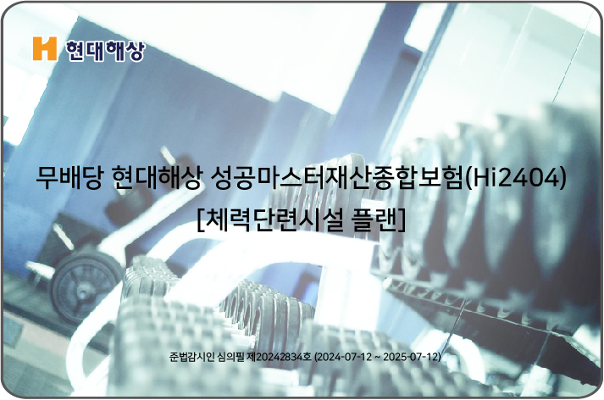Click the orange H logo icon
coord(45,48)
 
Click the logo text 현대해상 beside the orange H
coord(105,51)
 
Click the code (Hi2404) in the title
coord(516,179)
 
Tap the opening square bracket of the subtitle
coord(200,220)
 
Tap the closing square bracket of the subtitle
coord(402,220)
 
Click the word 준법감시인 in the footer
coord(191,357)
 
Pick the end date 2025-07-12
coord(411,357)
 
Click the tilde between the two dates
coord(378,358)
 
